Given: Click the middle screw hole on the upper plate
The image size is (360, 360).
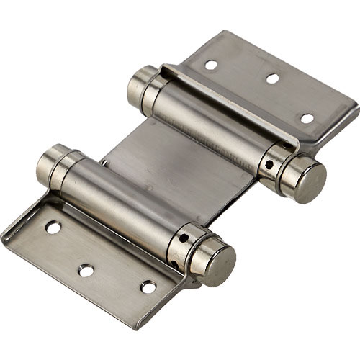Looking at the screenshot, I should pyautogui.click(x=272, y=78).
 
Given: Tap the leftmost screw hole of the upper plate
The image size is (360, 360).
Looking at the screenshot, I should pyautogui.click(x=211, y=64).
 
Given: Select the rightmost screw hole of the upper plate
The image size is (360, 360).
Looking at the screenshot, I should pyautogui.click(x=307, y=119).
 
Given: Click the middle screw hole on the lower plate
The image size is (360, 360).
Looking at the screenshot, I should pyautogui.click(x=86, y=270).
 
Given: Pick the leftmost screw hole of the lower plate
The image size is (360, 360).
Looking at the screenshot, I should pyautogui.click(x=53, y=228).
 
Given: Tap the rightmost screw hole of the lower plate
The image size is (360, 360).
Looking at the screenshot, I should pyautogui.click(x=148, y=287).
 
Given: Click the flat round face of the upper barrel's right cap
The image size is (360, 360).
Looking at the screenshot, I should pyautogui.click(x=308, y=179).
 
